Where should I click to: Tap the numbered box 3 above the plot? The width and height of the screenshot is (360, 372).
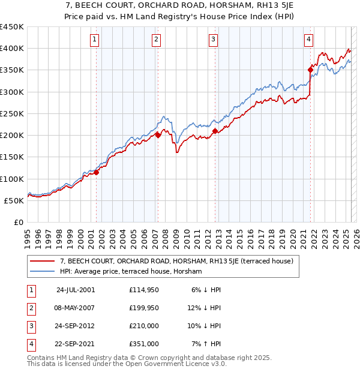pos(213,40)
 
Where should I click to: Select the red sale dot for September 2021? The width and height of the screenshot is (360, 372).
pos(311,70)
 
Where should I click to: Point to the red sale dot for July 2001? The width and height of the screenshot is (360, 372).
pos(97,173)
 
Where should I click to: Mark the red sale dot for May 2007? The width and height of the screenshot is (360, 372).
pos(158,136)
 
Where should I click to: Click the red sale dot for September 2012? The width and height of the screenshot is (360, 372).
pos(215,131)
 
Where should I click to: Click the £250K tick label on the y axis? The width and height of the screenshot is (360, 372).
pos(11,113)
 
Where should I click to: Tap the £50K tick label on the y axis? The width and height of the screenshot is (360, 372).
pos(14,200)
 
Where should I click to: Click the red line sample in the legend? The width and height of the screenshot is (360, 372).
pos(43,261)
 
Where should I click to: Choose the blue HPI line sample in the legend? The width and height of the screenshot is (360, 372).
pos(43,271)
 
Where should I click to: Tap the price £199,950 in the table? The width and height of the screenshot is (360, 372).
pos(144,308)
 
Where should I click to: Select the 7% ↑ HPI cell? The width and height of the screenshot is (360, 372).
pos(206,344)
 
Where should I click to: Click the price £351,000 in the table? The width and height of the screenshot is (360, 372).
pos(144,344)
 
